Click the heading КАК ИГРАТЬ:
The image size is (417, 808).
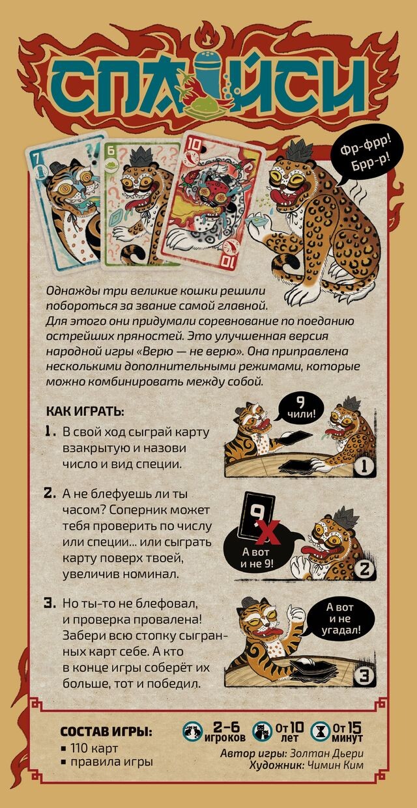85,411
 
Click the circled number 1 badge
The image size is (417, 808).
364,467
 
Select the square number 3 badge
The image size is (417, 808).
365,676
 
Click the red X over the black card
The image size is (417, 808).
268,533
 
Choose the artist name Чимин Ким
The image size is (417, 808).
336,766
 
